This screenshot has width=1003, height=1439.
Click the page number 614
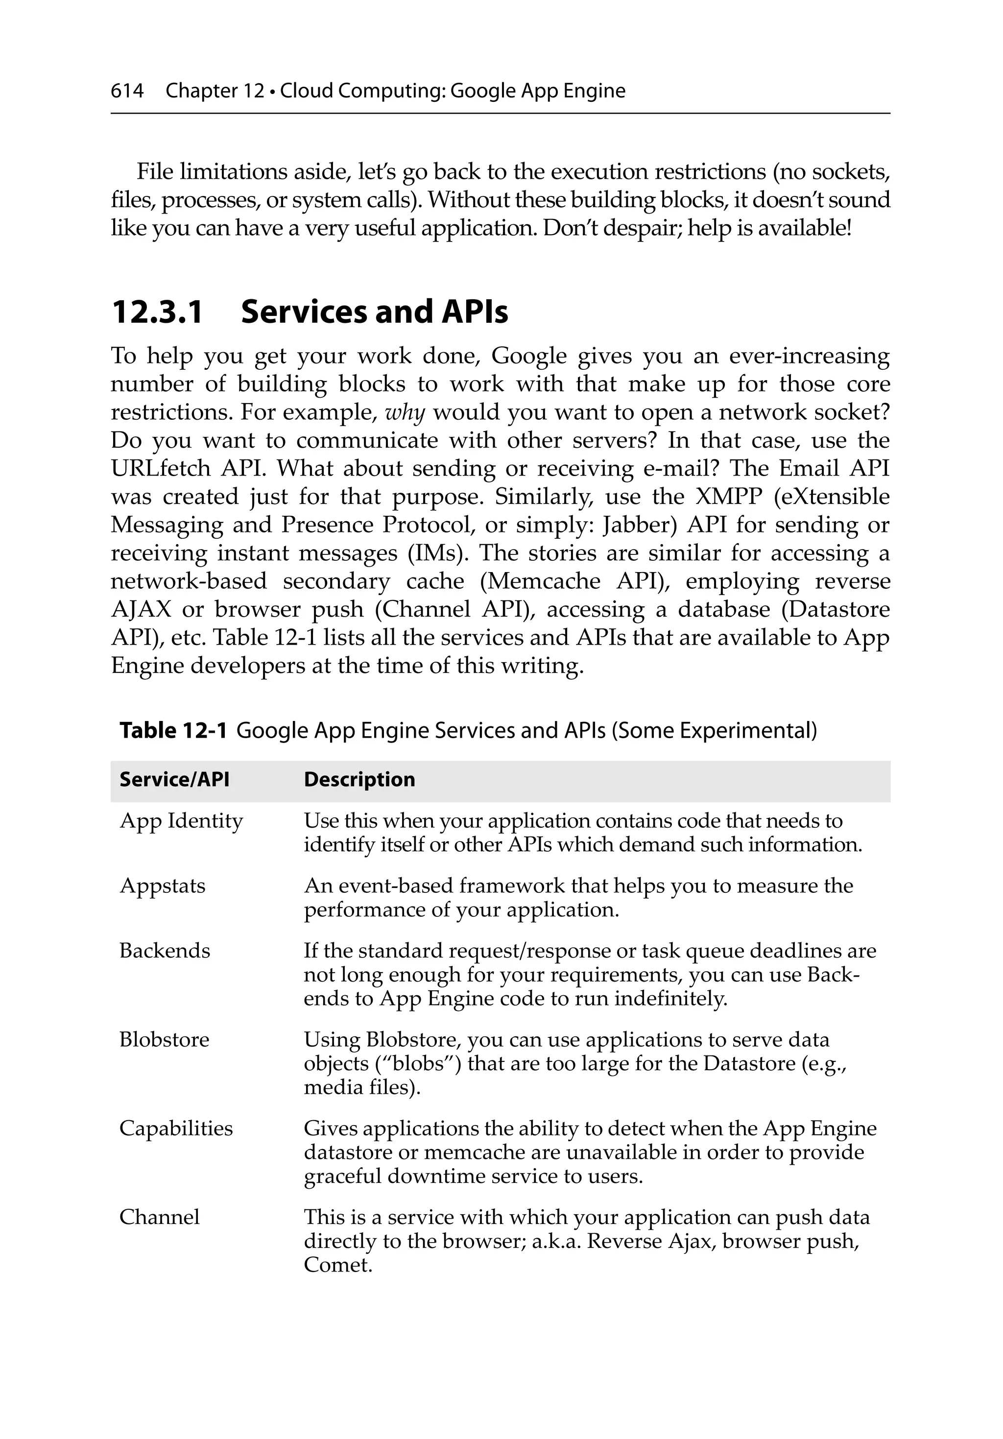tap(127, 92)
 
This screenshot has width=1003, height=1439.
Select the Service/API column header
tap(174, 779)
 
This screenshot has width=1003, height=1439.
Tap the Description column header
tap(359, 779)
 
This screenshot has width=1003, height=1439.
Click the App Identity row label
tap(181, 821)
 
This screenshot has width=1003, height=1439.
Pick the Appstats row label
tap(163, 886)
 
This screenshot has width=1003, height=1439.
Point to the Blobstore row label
tap(164, 1040)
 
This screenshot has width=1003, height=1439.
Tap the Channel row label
tap(159, 1217)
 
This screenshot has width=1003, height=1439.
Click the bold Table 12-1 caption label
tap(173, 731)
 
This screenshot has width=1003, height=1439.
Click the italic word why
tap(405, 412)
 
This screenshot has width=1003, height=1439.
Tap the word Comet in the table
tap(337, 1265)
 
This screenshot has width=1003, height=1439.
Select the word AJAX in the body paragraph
tap(141, 610)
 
